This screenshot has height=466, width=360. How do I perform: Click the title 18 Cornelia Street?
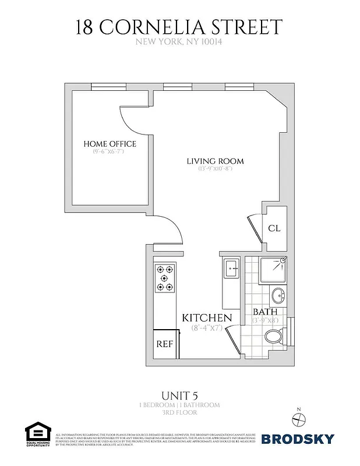[179, 27]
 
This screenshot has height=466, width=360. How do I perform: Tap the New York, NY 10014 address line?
[179, 42]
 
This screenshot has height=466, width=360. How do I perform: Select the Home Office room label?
[110, 144]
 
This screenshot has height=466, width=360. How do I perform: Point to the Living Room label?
[215, 161]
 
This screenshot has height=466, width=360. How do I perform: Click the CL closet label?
[274, 228]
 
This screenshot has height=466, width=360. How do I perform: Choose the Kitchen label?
[207, 318]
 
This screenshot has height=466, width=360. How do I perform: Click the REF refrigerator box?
[165, 344]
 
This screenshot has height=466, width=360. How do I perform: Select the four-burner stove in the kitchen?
[164, 278]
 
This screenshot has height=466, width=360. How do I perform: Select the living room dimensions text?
[215, 169]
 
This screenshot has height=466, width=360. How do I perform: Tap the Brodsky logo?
[298, 439]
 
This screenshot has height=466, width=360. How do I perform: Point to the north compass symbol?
[298, 418]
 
